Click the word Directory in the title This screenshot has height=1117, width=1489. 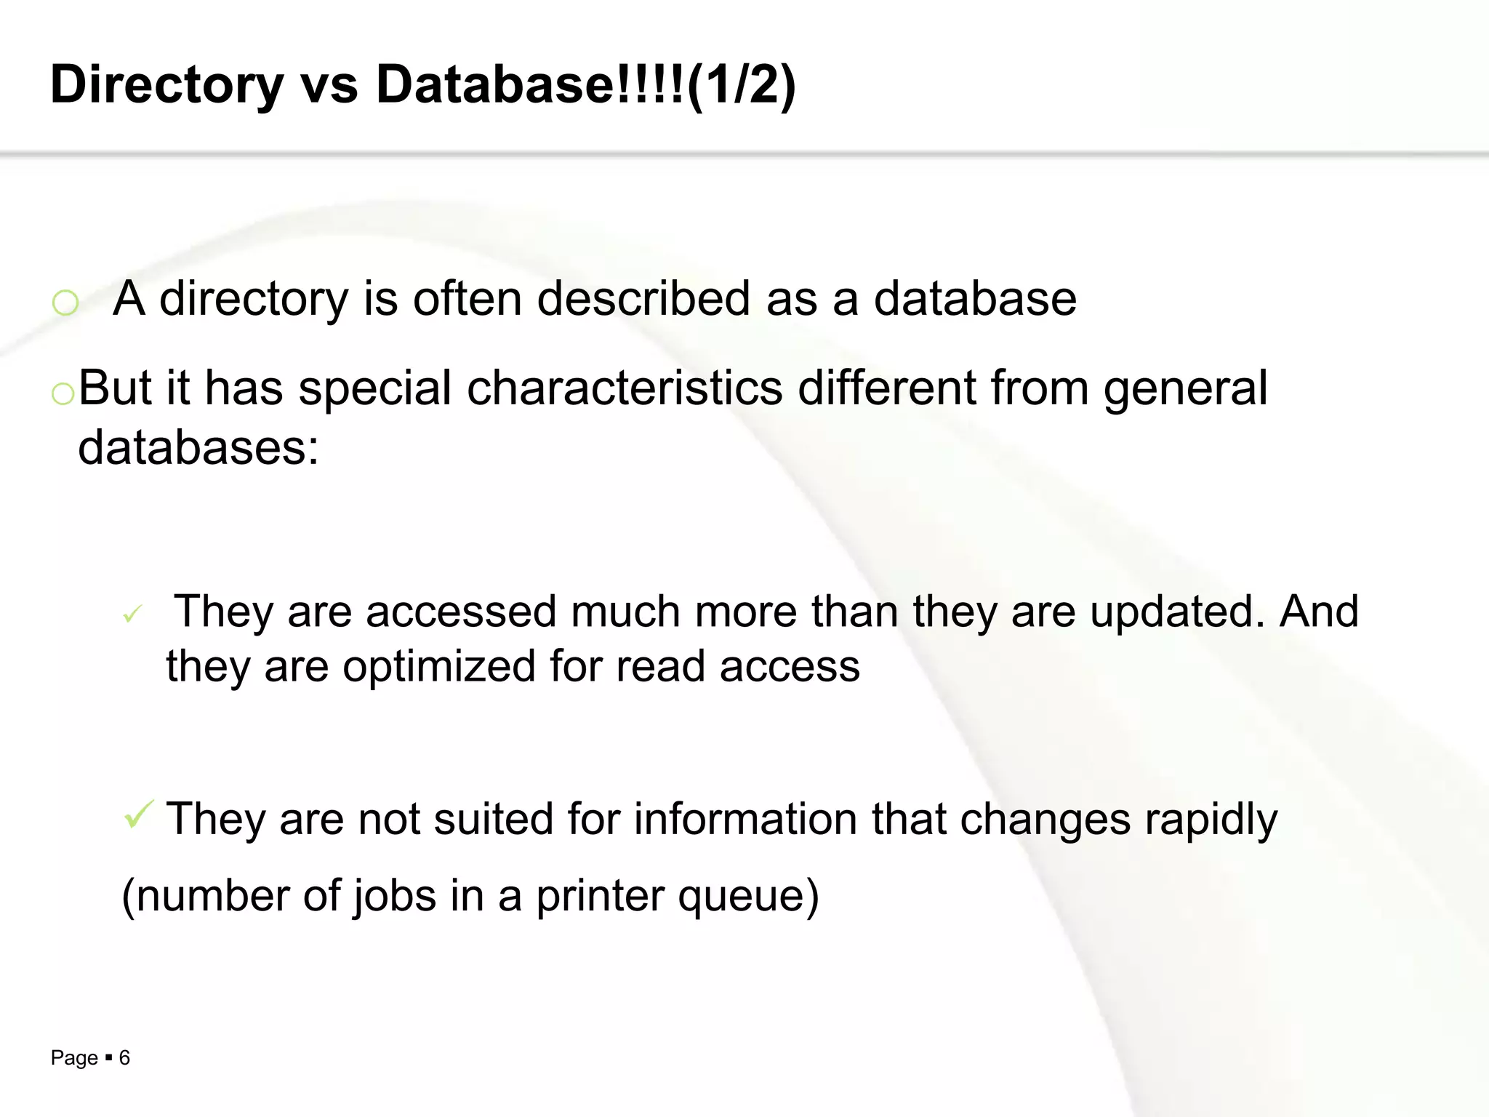166,86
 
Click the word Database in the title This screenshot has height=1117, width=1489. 494,84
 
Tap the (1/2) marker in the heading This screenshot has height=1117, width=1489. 741,86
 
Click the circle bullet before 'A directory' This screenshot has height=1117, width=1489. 65,302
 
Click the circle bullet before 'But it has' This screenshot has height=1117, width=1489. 63,393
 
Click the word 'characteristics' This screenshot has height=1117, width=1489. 625,388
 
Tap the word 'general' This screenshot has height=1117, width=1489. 1185,390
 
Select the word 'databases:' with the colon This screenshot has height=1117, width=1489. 198,448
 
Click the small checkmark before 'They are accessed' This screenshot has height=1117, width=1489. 132,615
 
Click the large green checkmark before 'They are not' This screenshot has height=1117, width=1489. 138,814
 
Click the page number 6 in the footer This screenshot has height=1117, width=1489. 124,1057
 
